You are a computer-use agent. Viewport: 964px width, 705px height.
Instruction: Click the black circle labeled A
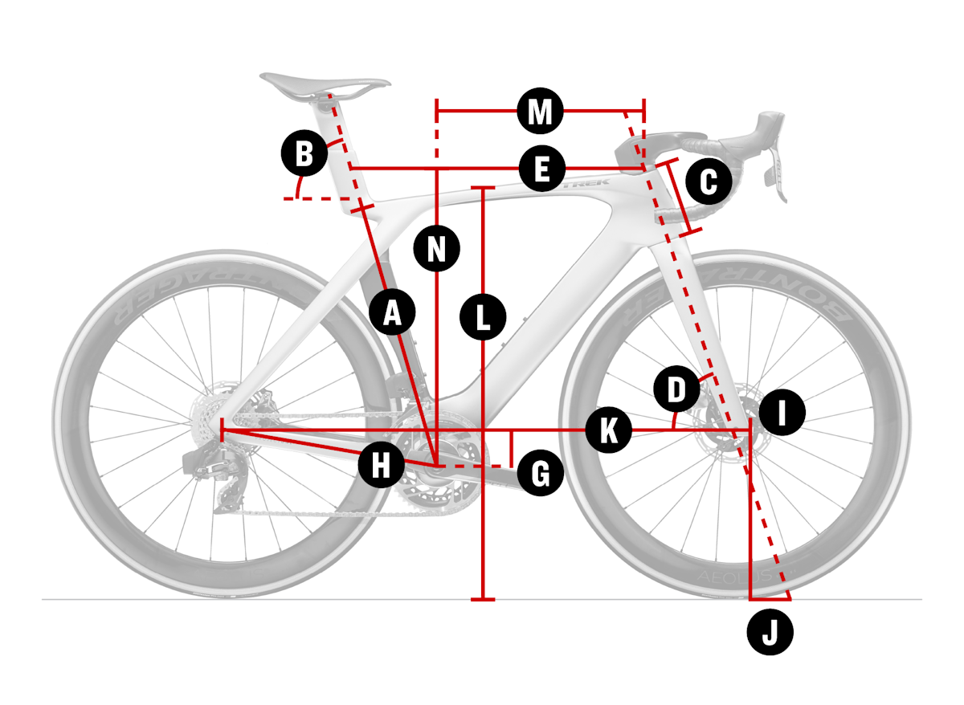(x=392, y=312)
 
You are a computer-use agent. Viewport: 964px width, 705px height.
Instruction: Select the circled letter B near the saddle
(x=304, y=153)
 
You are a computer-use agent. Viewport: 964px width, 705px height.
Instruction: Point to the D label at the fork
(x=677, y=391)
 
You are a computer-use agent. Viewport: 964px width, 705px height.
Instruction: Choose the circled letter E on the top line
(x=541, y=169)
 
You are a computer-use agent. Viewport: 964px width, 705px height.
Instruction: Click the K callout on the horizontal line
(x=608, y=430)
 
